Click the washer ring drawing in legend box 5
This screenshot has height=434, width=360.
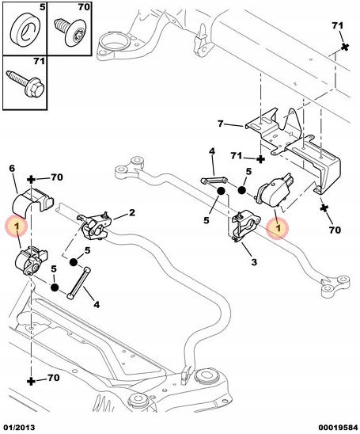pos(25,30)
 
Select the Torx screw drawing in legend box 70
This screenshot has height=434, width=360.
pos(70,31)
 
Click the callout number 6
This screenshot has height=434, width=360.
pos(11,168)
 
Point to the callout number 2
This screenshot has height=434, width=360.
pos(132,212)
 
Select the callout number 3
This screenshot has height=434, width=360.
pos(254,261)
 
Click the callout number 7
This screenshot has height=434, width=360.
pos(221,124)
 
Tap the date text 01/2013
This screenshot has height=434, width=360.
pos(18,428)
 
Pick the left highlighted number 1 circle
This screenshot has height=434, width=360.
pos(17,227)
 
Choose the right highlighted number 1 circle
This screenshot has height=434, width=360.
pos(279,228)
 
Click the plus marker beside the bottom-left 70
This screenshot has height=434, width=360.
pos(31,381)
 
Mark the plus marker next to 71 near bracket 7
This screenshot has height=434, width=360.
pos(260,159)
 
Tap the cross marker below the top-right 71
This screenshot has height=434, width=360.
pos(344,47)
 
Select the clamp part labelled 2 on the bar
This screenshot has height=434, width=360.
pos(95,227)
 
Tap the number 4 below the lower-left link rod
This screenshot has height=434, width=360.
pos(97,304)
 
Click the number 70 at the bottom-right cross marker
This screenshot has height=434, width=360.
pos(334,230)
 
